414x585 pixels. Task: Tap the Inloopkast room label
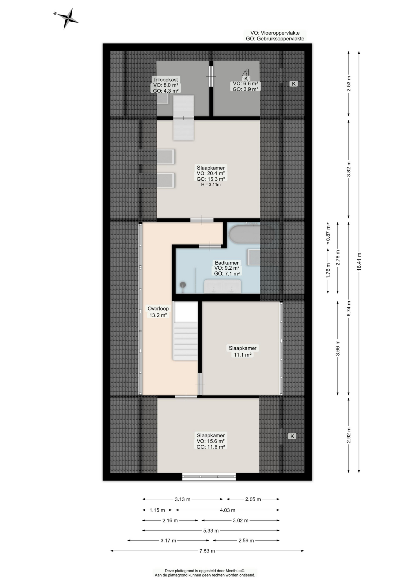click(166, 80)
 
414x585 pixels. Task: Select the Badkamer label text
click(227, 263)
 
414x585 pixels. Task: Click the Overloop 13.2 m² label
click(158, 312)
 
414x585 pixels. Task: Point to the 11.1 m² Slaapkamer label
click(243, 351)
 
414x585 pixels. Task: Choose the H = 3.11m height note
click(211, 185)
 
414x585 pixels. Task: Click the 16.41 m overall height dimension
click(359, 262)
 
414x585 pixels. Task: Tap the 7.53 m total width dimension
click(207, 551)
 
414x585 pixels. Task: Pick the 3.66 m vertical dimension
click(337, 348)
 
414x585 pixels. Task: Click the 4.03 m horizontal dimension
click(227, 510)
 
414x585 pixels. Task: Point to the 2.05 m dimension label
click(253, 499)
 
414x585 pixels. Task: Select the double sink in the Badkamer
click(222, 286)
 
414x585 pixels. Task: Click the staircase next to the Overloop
click(185, 331)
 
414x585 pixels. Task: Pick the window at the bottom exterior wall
click(209, 477)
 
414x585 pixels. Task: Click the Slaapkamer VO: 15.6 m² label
click(211, 441)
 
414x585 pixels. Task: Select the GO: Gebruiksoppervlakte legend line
click(275, 39)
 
